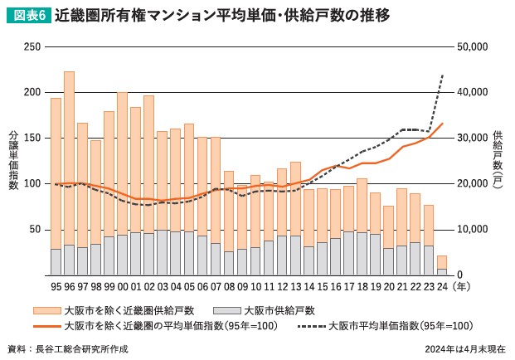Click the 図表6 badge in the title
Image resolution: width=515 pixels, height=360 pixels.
click(25, 16)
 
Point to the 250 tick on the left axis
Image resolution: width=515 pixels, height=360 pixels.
click(32, 46)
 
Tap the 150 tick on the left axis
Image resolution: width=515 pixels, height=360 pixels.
click(32, 138)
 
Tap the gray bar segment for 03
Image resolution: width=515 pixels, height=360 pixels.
click(163, 252)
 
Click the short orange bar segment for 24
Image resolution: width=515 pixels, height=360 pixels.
click(442, 262)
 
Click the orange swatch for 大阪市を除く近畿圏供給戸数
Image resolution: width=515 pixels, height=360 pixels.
click(46, 310)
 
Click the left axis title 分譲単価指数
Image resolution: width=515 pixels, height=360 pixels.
click(13, 160)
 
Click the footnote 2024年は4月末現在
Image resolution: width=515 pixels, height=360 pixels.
click(465, 349)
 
